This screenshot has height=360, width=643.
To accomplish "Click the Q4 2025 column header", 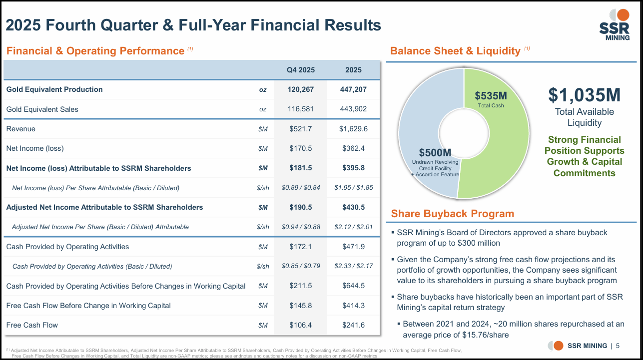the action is click(301, 70).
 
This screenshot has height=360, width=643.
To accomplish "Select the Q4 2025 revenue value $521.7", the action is click(301, 129).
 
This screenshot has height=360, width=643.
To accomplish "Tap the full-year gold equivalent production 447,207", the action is click(353, 89).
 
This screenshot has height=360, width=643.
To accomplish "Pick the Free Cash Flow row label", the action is click(32, 325).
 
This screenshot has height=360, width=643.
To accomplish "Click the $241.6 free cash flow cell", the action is click(353, 325).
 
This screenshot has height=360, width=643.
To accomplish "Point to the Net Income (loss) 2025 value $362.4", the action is click(353, 148).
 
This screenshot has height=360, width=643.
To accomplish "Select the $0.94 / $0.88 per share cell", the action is click(301, 227).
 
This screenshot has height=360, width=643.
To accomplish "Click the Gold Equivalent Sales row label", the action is click(42, 109).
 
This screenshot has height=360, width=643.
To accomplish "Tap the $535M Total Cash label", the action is click(491, 99).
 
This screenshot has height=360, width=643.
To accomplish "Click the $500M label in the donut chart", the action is click(435, 153).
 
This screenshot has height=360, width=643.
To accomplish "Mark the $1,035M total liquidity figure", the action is click(584, 95).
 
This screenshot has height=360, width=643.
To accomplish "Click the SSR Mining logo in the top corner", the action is click(615, 25).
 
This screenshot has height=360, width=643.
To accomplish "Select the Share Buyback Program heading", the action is click(452, 214).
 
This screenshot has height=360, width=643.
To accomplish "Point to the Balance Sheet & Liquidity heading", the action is click(455, 51).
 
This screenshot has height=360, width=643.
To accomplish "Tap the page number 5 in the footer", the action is click(618, 346).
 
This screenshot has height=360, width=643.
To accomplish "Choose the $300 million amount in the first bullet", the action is click(479, 243).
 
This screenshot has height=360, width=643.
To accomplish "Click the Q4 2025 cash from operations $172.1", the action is click(301, 247).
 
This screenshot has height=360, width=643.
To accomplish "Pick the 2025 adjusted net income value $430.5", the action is click(353, 207).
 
